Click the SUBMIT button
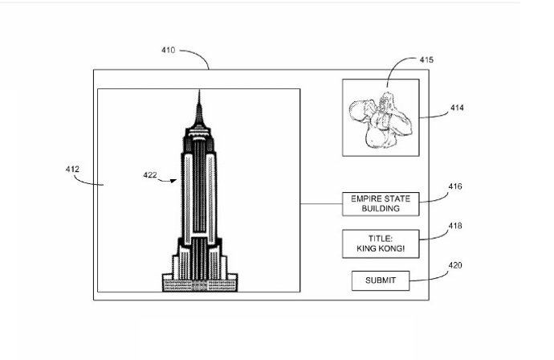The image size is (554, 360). pyautogui.click(x=380, y=280)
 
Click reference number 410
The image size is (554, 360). pyautogui.click(x=168, y=50)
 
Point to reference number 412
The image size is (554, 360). pyautogui.click(x=71, y=169)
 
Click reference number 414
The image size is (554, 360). pyautogui.click(x=457, y=108)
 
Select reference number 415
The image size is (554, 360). pyautogui.click(x=426, y=60)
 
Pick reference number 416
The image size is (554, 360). pyautogui.click(x=455, y=186)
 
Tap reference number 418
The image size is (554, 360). pyautogui.click(x=455, y=227)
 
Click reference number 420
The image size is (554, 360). pyautogui.click(x=455, y=265)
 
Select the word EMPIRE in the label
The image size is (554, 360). pyautogui.click(x=360, y=198)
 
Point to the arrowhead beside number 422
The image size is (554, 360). pyautogui.click(x=173, y=181)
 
